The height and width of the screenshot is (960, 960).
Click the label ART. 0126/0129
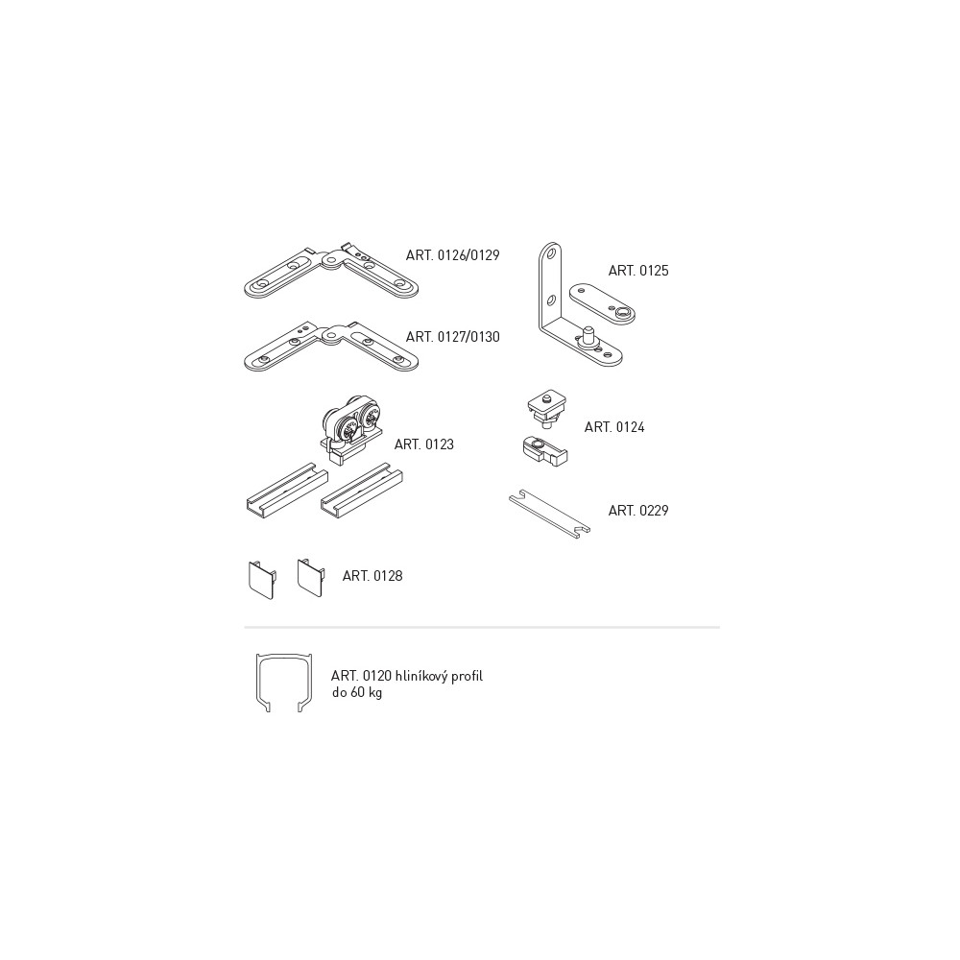(452, 254)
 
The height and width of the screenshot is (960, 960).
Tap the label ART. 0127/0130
(452, 337)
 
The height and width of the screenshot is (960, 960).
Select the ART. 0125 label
(638, 271)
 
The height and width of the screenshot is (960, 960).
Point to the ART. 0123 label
(424, 444)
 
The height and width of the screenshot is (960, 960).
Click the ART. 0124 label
(614, 427)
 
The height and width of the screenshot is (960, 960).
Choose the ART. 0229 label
(638, 511)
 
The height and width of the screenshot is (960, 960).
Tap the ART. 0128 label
(372, 576)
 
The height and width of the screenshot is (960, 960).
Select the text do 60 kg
(356, 693)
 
